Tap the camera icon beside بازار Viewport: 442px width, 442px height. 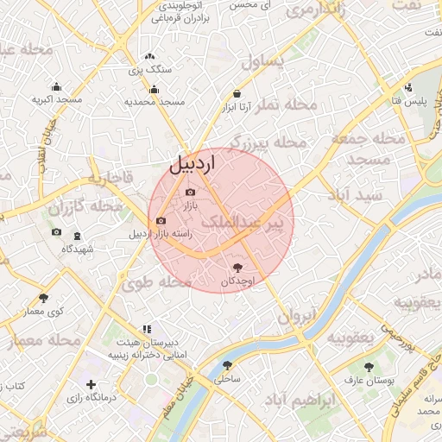[190, 192]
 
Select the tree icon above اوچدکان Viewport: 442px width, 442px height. [238, 268]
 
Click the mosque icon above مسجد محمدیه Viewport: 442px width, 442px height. [155, 88]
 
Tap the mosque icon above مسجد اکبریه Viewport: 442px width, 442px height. [57, 86]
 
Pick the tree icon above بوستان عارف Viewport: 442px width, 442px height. [369, 366]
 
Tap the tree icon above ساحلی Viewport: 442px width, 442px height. [228, 365]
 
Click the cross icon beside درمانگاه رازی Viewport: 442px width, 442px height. [91, 383]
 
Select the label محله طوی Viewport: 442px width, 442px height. [156, 281]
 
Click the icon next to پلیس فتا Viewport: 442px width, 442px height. [408, 88]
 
